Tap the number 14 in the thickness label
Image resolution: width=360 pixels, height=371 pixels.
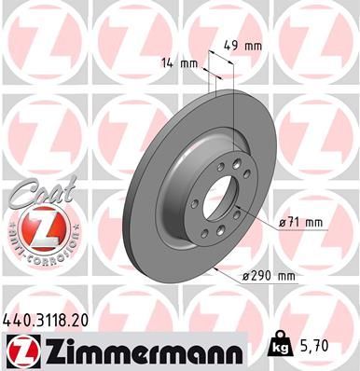168,64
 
